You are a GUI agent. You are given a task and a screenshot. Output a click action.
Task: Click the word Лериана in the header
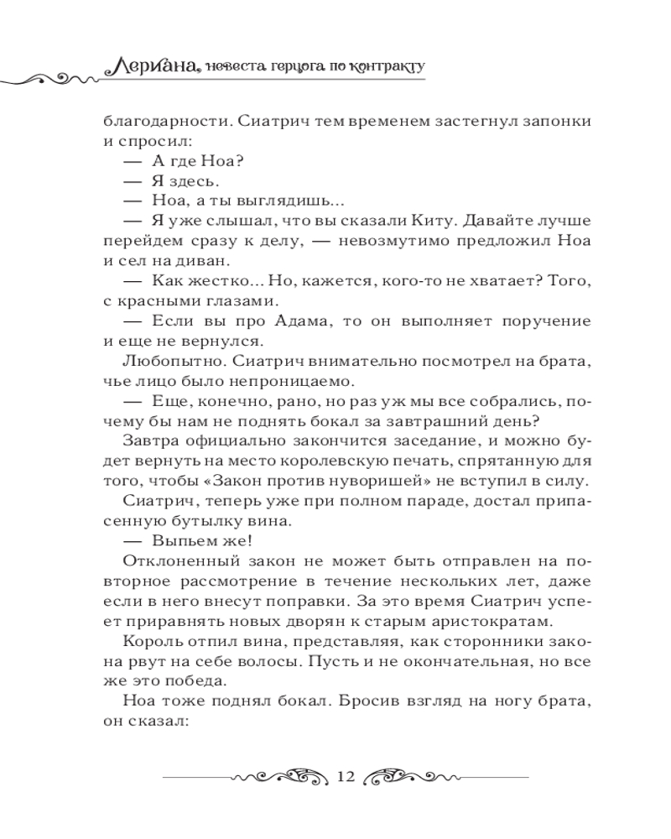click(x=152, y=64)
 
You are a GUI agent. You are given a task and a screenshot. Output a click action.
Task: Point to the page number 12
click(x=344, y=776)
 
